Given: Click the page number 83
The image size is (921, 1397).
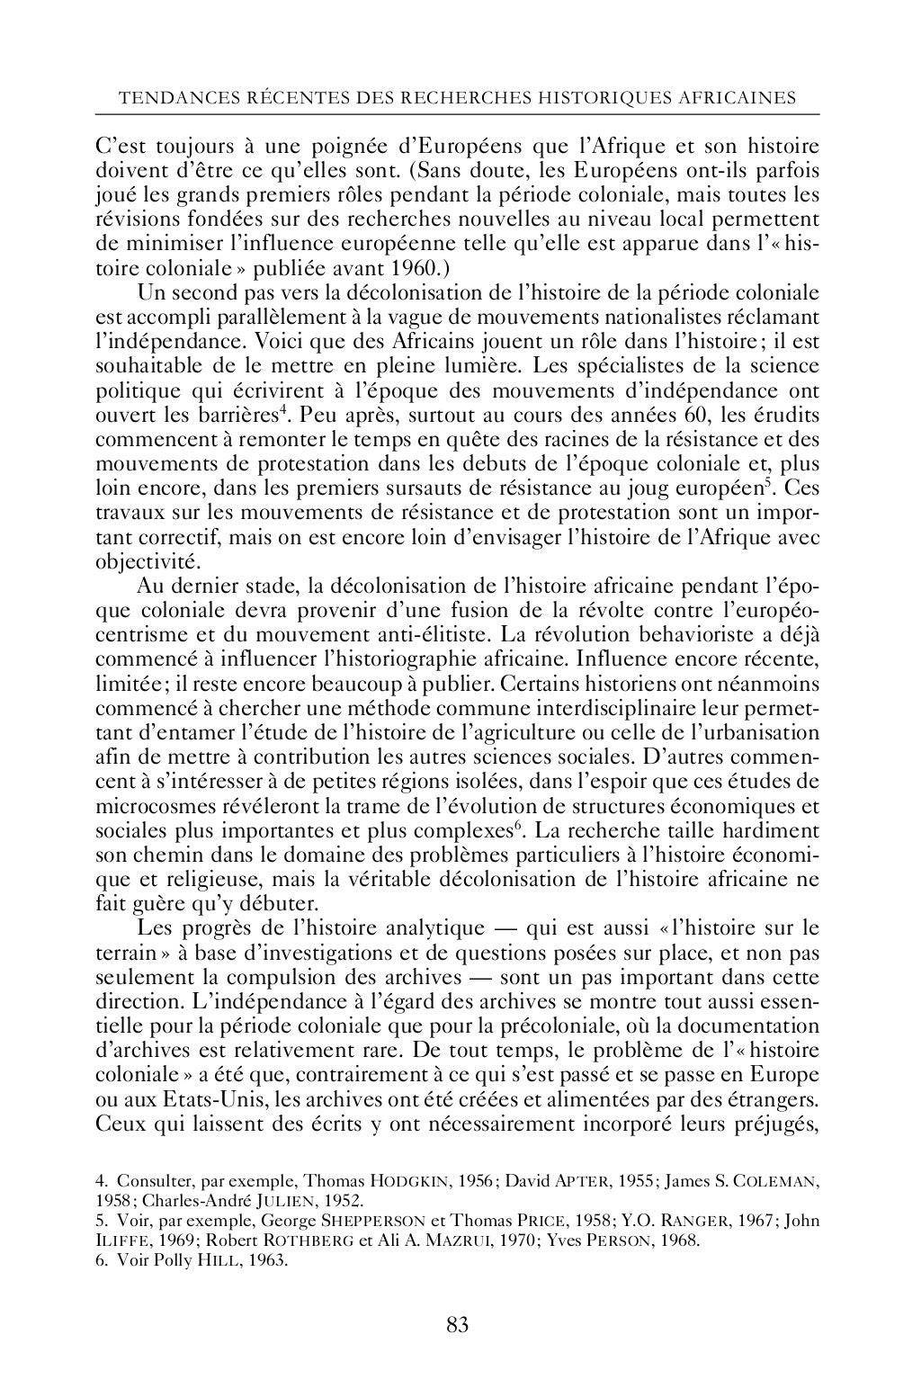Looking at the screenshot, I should click(457, 1324).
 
